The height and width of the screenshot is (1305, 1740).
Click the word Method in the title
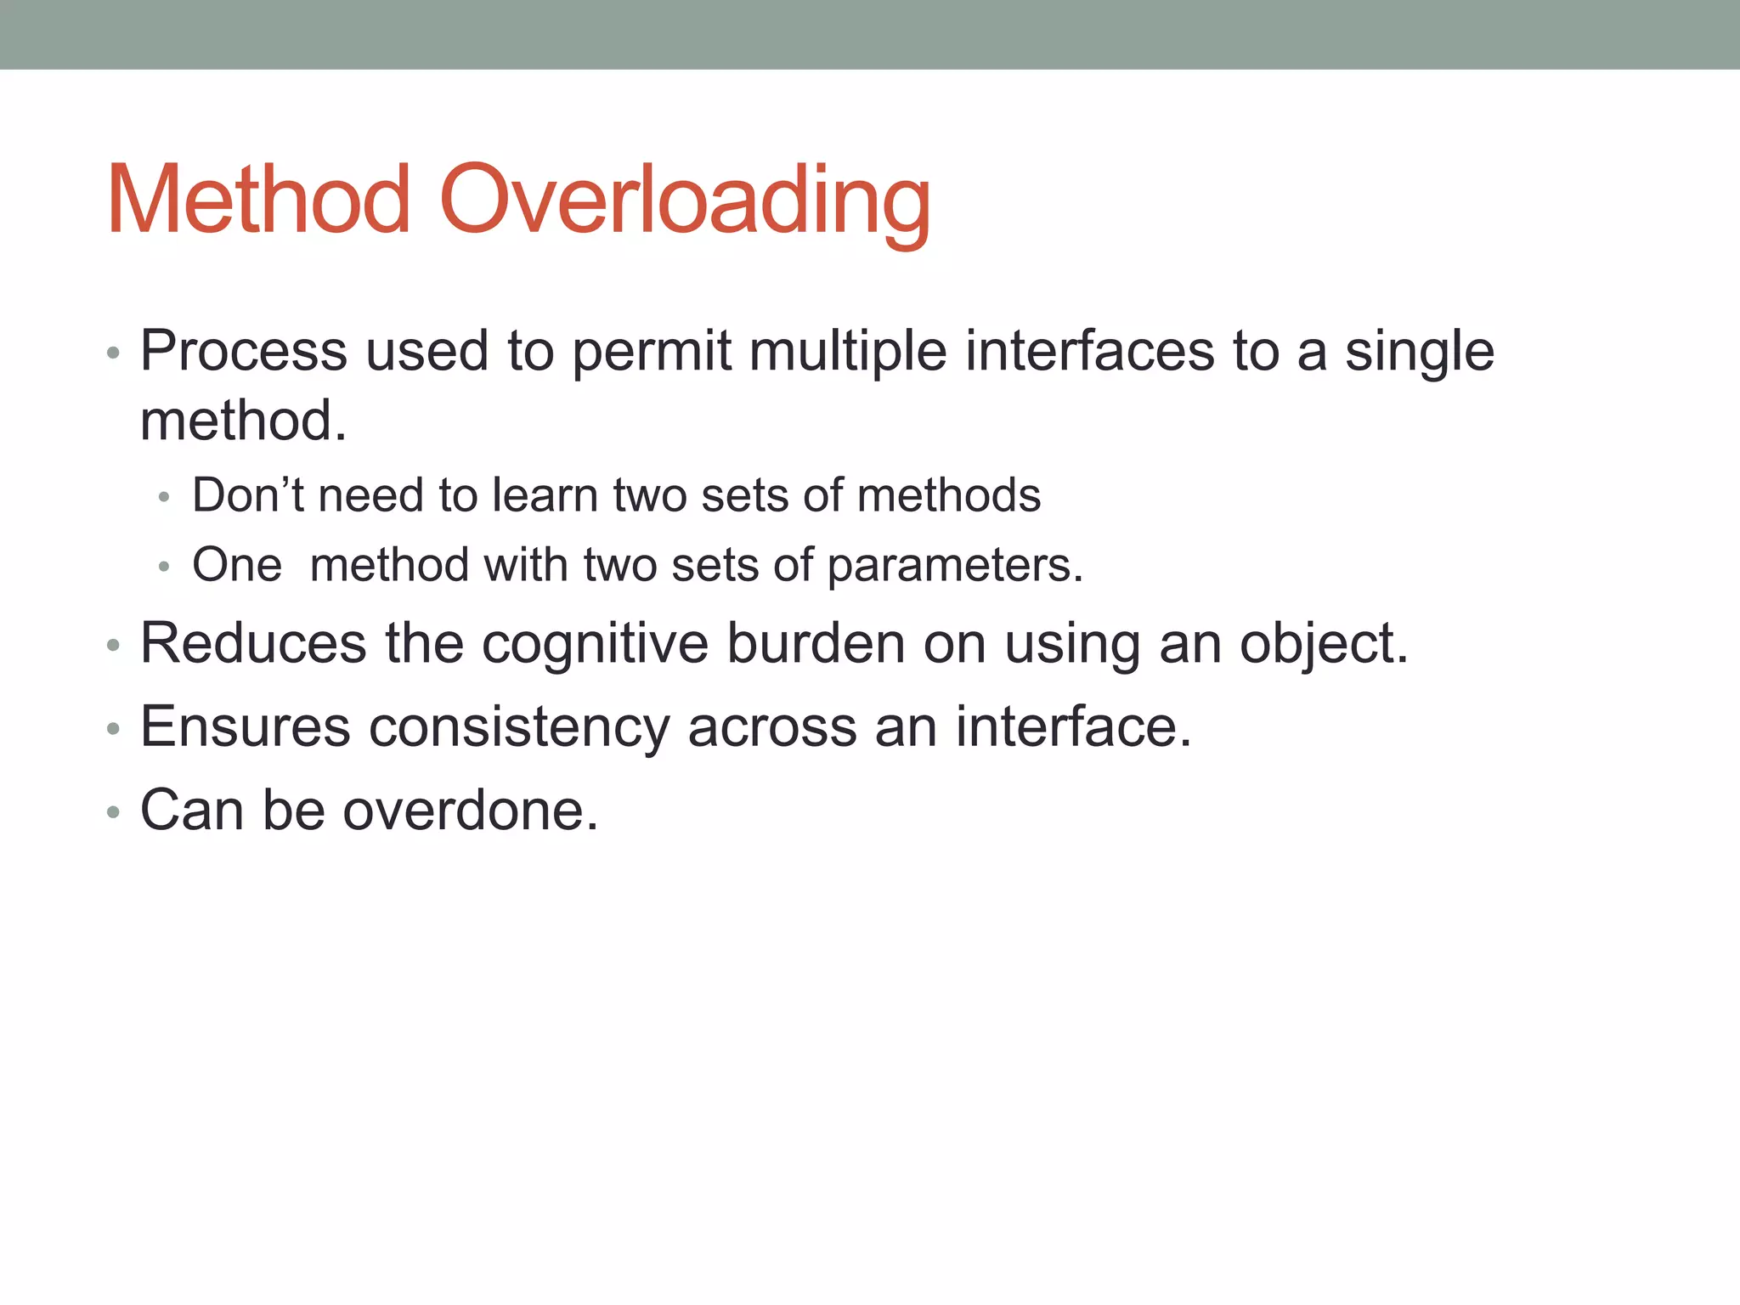pos(259,201)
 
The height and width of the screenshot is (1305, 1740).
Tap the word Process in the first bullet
pos(244,351)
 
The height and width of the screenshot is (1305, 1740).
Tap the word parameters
pos(954,566)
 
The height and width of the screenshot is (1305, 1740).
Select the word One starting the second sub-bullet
pos(237,565)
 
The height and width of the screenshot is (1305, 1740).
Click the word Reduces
pos(253,643)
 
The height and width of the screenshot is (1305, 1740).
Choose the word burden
pos(816,643)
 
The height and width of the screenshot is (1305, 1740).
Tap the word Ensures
pos(245,727)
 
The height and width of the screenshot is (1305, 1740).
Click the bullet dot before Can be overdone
pos(114,813)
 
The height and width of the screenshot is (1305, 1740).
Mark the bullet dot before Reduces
pos(114,647)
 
